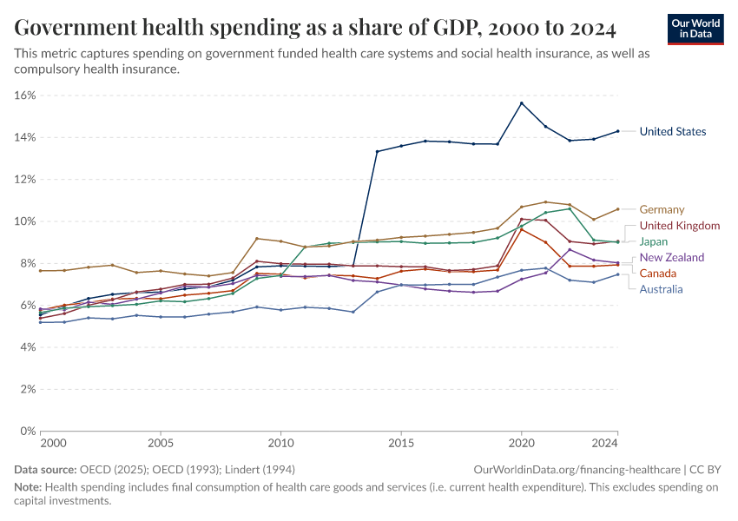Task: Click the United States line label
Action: pos(672,132)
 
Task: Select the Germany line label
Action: pos(662,209)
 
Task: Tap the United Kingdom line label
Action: pos(680,226)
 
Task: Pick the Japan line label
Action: pos(654,241)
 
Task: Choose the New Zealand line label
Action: pos(671,258)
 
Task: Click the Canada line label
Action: pos(658,274)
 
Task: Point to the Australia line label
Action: pos(662,289)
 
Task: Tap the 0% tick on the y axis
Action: pos(26,431)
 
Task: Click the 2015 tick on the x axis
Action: pos(401,444)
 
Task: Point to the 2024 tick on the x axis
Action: pos(605,444)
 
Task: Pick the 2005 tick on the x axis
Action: pos(161,444)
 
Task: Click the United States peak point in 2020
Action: pos(521,103)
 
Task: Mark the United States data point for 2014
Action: pos(377,152)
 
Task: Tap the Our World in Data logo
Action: pos(696,29)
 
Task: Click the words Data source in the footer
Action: pos(43,469)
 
